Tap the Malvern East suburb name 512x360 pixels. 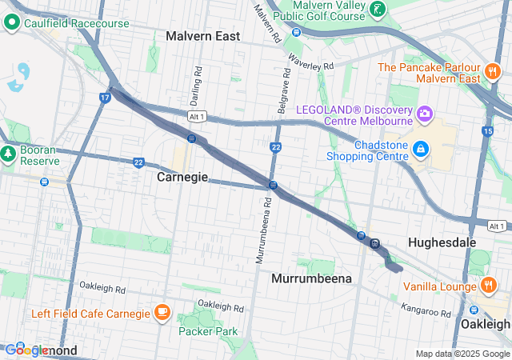pos(203,36)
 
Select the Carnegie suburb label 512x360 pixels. pos(182,176)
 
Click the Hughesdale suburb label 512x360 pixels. pos(442,242)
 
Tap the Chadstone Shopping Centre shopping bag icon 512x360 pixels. pos(420,149)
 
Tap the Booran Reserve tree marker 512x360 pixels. pos(9,151)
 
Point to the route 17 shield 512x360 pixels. pos(105,98)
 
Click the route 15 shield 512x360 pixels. pos(487,130)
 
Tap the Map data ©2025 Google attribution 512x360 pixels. pos(462,354)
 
